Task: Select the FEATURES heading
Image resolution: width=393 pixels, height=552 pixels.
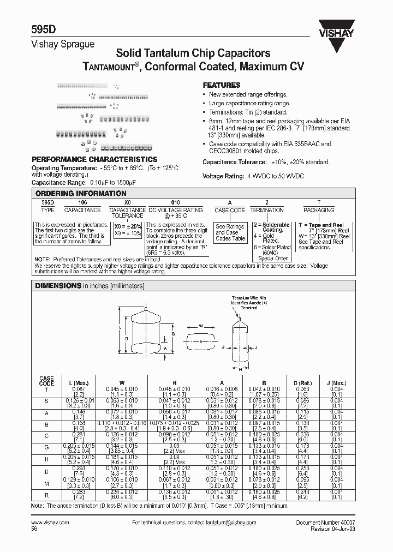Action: (x=222, y=86)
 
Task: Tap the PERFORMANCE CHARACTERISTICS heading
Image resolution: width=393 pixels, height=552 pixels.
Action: (x=94, y=159)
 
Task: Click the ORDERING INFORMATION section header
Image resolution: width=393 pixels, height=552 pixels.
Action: (x=81, y=194)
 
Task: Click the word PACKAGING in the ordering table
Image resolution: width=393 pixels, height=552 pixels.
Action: (x=319, y=211)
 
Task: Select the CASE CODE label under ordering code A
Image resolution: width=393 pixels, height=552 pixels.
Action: (x=230, y=211)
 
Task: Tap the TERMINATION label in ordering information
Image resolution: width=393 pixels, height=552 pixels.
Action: (x=267, y=211)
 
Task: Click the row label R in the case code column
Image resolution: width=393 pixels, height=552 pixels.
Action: (x=46, y=495)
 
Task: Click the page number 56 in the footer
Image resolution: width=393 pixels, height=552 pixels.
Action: (x=34, y=529)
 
